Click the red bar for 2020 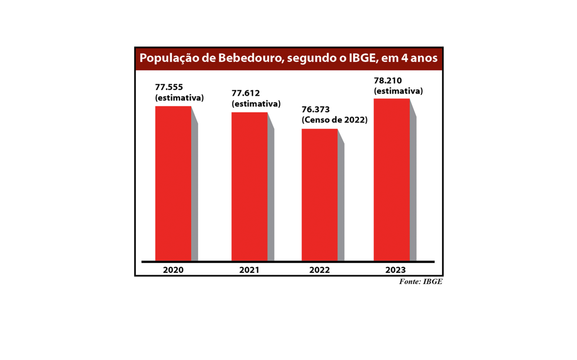(173, 183)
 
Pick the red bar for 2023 (391, 179)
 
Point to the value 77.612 (246, 93)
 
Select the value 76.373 (316, 110)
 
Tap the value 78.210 (388, 81)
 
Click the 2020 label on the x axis (173, 270)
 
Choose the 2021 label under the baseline (249, 270)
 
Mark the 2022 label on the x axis (320, 270)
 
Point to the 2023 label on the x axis (396, 270)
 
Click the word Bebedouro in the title (247, 58)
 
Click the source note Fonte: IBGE (420, 282)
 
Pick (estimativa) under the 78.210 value (398, 91)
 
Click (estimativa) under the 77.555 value (180, 98)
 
